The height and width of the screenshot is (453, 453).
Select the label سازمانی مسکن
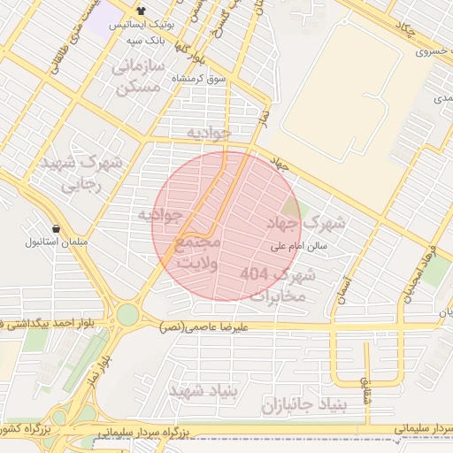tap(137, 78)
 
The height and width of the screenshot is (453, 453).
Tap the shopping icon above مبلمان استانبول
tap(57, 227)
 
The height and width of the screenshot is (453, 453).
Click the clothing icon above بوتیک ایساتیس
tap(142, 11)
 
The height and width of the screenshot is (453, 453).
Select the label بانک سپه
tap(142, 42)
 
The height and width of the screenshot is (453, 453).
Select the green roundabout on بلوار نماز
tap(127, 314)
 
